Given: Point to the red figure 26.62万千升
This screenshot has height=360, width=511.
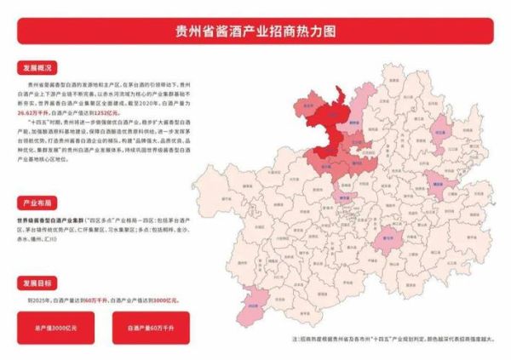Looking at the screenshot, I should (32, 111).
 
